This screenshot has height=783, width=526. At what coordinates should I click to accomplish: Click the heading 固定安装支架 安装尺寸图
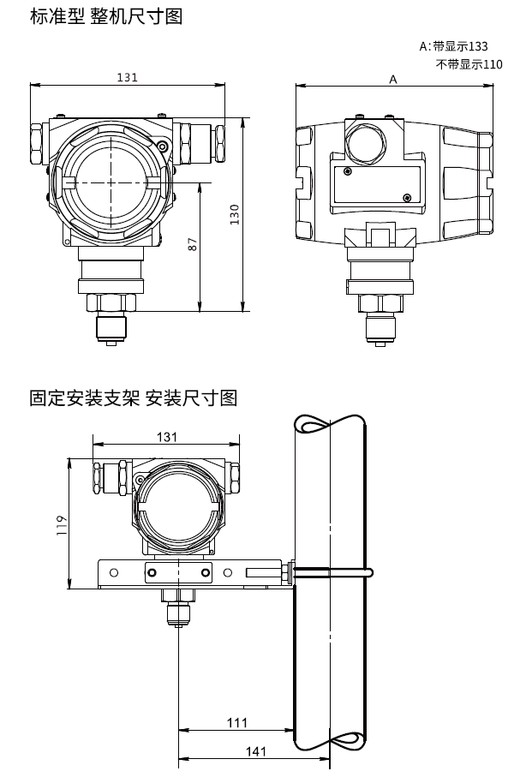click(x=132, y=397)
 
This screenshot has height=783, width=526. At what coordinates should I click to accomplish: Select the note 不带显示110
click(x=469, y=64)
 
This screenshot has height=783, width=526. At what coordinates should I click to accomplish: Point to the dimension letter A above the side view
click(x=393, y=79)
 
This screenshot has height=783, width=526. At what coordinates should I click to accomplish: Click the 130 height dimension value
click(x=234, y=214)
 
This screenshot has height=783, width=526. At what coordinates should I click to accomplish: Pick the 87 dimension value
click(x=193, y=245)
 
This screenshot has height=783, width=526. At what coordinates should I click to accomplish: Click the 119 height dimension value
click(x=61, y=524)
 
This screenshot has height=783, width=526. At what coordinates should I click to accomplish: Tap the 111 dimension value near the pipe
click(x=237, y=722)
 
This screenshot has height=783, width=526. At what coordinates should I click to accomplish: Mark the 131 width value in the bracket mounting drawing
click(x=167, y=437)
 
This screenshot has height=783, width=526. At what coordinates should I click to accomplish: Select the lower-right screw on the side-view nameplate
click(x=406, y=199)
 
